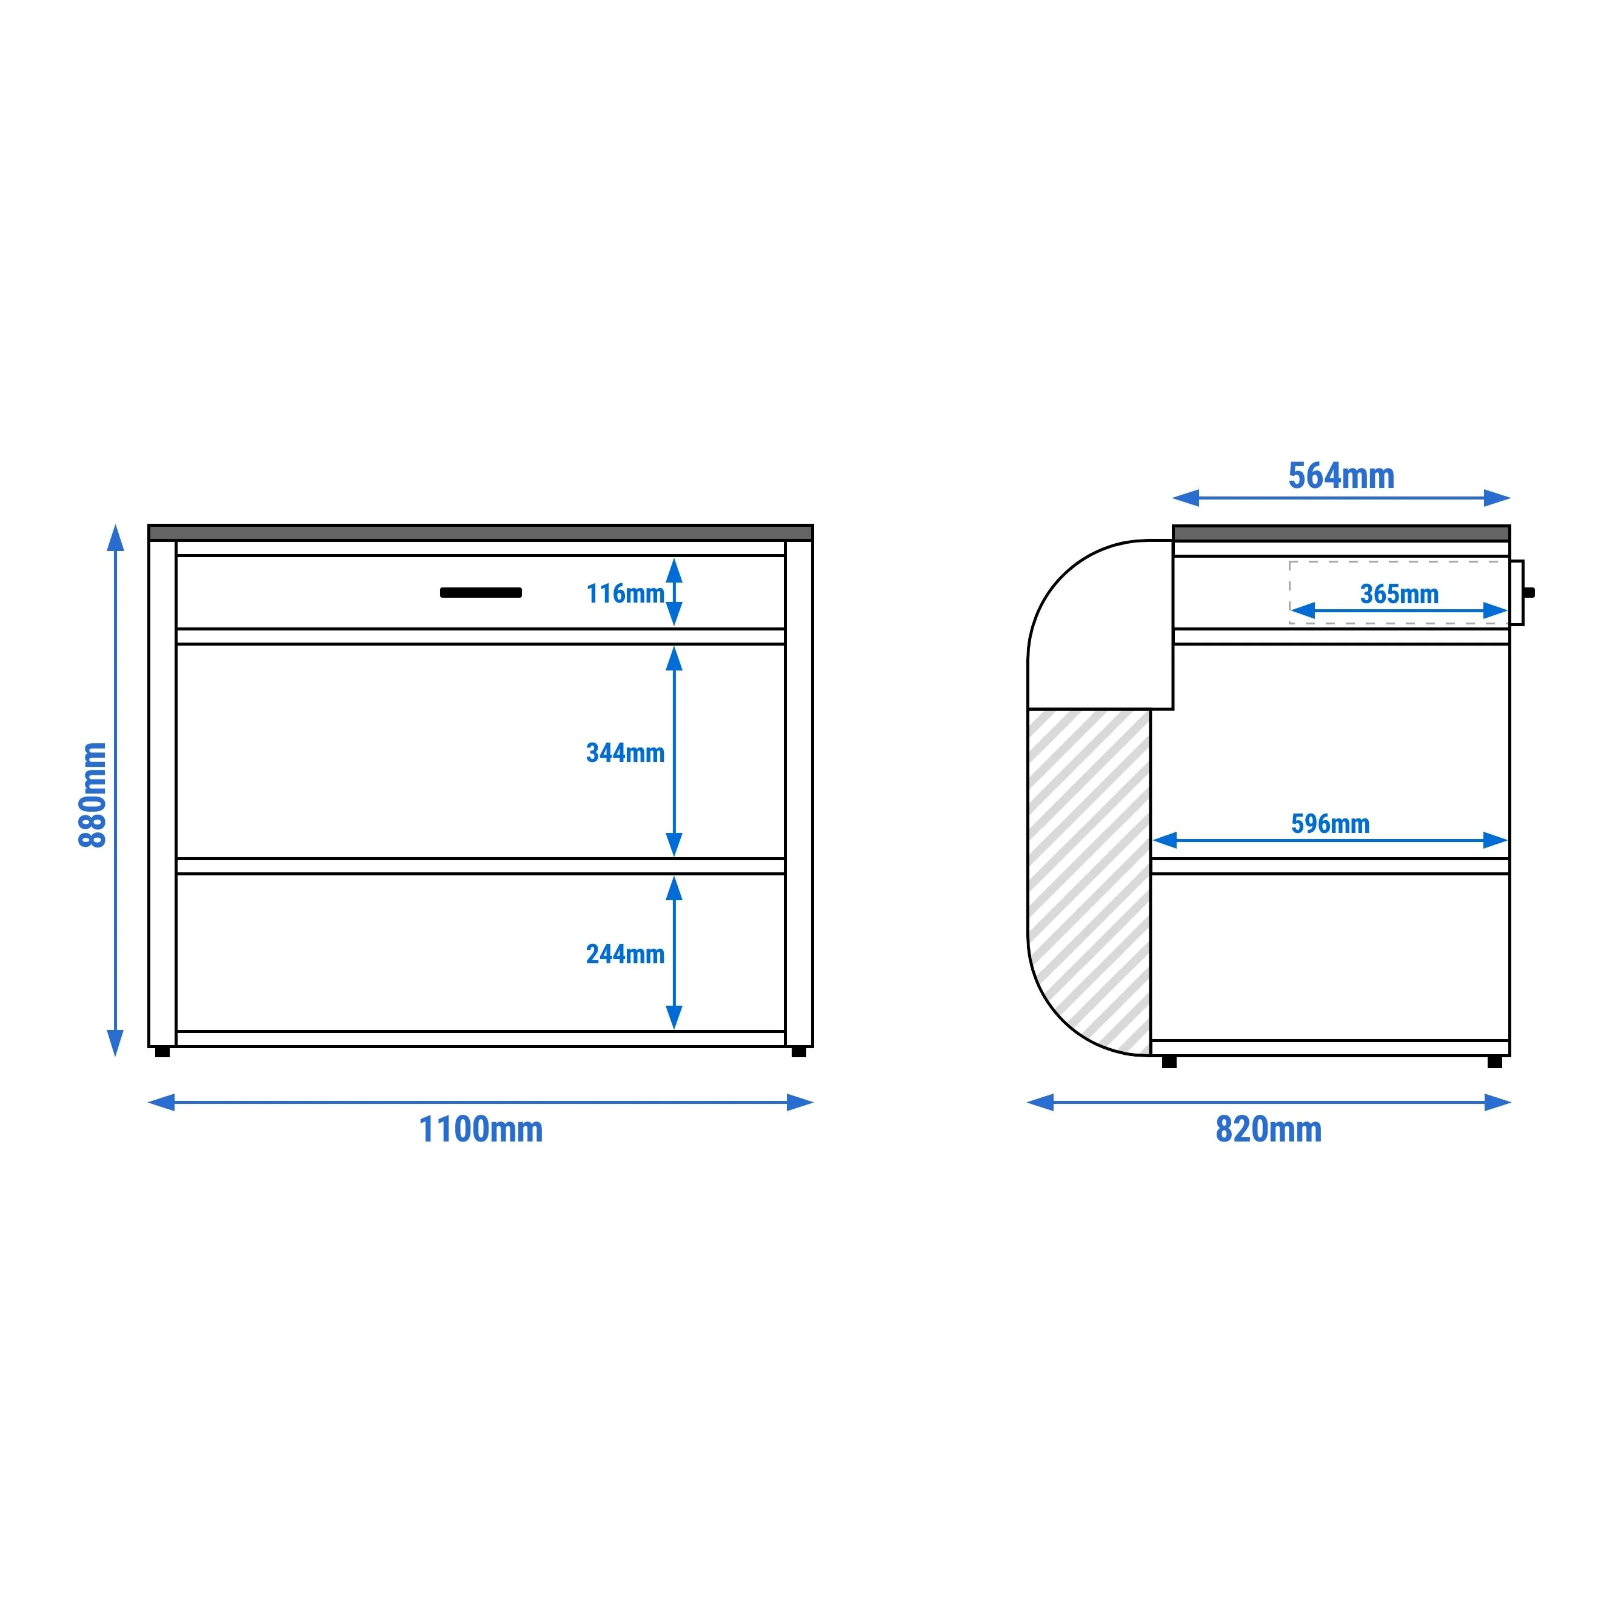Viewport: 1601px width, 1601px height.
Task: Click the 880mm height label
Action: click(93, 795)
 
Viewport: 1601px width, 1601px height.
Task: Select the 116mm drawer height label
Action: click(625, 594)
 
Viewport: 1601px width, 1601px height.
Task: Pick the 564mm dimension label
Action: click(1341, 476)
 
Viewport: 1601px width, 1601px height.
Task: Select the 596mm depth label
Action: click(1330, 824)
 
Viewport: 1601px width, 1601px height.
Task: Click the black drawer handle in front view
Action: click(481, 592)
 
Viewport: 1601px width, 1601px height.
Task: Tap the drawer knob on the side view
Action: click(1529, 592)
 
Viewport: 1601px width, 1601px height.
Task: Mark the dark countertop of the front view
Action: click(481, 533)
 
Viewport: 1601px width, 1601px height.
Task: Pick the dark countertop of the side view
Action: click(1342, 533)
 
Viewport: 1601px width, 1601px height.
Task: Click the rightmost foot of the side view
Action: click(1495, 1061)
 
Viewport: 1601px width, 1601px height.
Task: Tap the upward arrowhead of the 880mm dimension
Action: click(116, 537)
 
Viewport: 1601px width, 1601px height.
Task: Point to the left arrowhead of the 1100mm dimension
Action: click(162, 1102)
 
